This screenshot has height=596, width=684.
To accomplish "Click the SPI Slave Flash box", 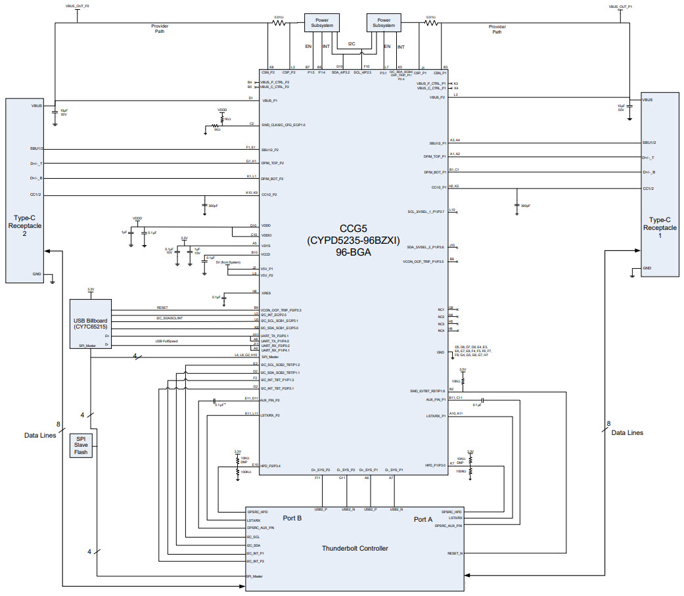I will tap(82, 445).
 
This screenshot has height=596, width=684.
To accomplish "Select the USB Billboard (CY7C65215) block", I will tap(91, 323).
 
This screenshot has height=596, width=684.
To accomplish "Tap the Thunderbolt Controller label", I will tap(355, 548).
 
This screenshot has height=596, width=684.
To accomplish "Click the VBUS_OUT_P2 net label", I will tap(78, 5).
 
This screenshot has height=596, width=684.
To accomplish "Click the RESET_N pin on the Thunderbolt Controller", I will tap(455, 553).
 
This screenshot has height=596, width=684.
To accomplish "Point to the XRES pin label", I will tap(266, 293).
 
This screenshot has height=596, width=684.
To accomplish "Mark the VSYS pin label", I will tap(266, 245).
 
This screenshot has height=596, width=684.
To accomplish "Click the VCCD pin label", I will tap(266, 254).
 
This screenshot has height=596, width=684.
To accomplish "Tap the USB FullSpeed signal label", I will tap(168, 341).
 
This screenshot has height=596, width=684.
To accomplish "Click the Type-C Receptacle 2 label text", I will tap(25, 225).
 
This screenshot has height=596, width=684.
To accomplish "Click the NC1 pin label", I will tap(442, 309).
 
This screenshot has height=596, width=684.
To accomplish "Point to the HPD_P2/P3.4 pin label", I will tap(271, 466).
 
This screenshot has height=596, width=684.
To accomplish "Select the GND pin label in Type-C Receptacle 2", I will tap(36, 274).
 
